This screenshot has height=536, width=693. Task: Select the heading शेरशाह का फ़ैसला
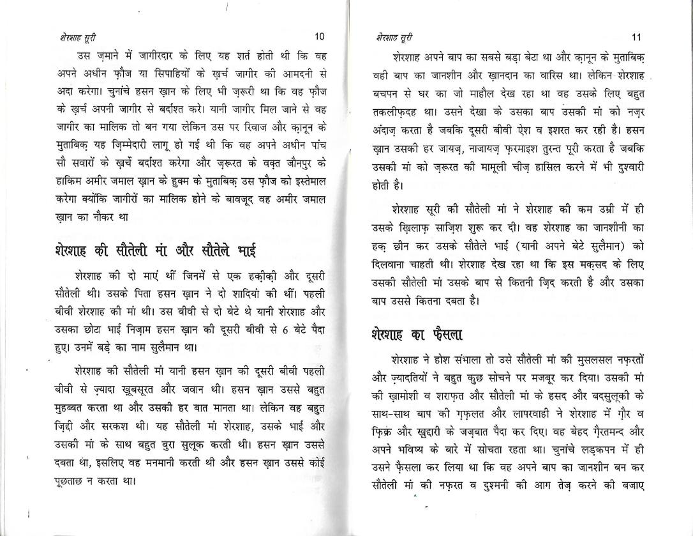point(416,333)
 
